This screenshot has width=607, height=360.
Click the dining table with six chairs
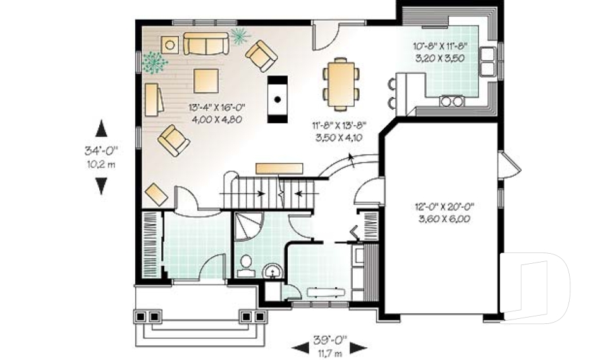341,80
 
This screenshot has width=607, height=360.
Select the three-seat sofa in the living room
205,44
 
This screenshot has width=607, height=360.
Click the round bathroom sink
273,270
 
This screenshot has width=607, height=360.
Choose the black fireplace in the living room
278,99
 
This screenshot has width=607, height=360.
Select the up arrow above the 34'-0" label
101,128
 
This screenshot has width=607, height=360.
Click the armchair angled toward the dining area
261,56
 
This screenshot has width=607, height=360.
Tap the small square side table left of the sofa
169,44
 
